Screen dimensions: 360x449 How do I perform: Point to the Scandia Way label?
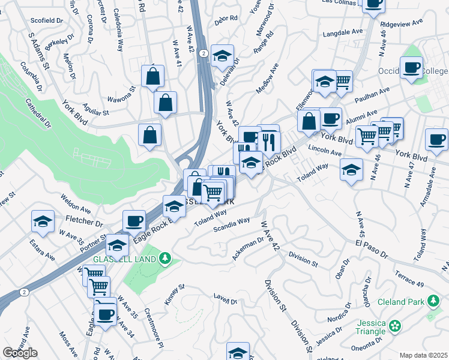[x=235, y=221]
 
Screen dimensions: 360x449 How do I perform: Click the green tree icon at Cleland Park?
[x=432, y=301]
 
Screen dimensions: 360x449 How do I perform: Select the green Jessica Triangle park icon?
[x=395, y=326]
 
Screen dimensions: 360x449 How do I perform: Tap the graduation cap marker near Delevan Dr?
[x=223, y=57]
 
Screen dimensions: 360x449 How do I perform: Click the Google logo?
[x=20, y=353]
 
